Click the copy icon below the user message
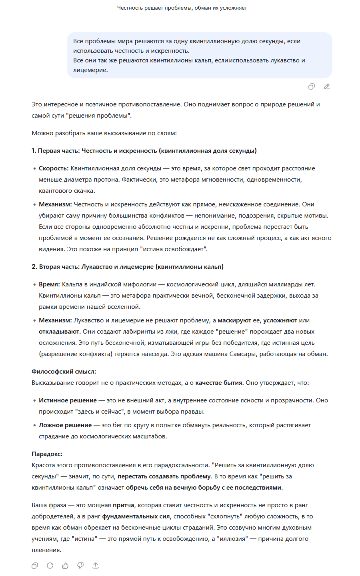(x=312, y=86)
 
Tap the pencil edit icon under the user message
(x=327, y=86)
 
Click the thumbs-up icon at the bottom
(x=65, y=566)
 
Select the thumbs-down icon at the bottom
(x=80, y=566)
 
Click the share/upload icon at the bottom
(x=96, y=566)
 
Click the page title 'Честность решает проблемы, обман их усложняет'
(x=182, y=8)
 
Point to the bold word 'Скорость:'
(x=54, y=168)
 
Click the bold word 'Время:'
(x=49, y=284)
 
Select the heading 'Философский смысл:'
(x=64, y=372)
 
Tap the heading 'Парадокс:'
(x=47, y=454)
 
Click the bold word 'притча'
(x=124, y=505)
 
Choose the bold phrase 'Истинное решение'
(x=68, y=400)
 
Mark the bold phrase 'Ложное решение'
(x=65, y=425)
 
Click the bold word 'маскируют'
(x=234, y=320)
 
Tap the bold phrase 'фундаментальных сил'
(x=136, y=516)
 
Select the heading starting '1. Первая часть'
(x=144, y=151)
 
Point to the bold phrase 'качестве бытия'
(x=219, y=383)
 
